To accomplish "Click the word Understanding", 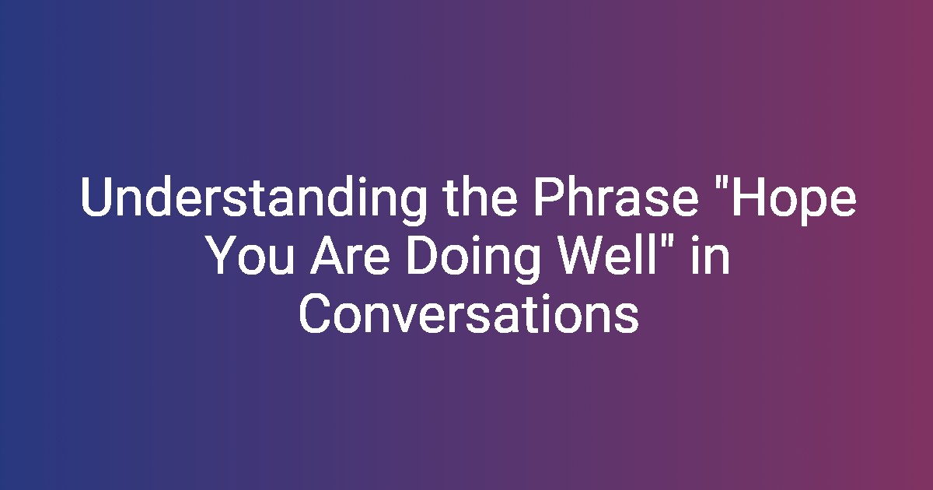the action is point(253,200).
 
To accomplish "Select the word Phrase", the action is point(617,196).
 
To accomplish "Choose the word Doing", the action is point(473,258).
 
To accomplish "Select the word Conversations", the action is point(469,313).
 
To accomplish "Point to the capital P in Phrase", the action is point(550,197).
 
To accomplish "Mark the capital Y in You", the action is point(223,254).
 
